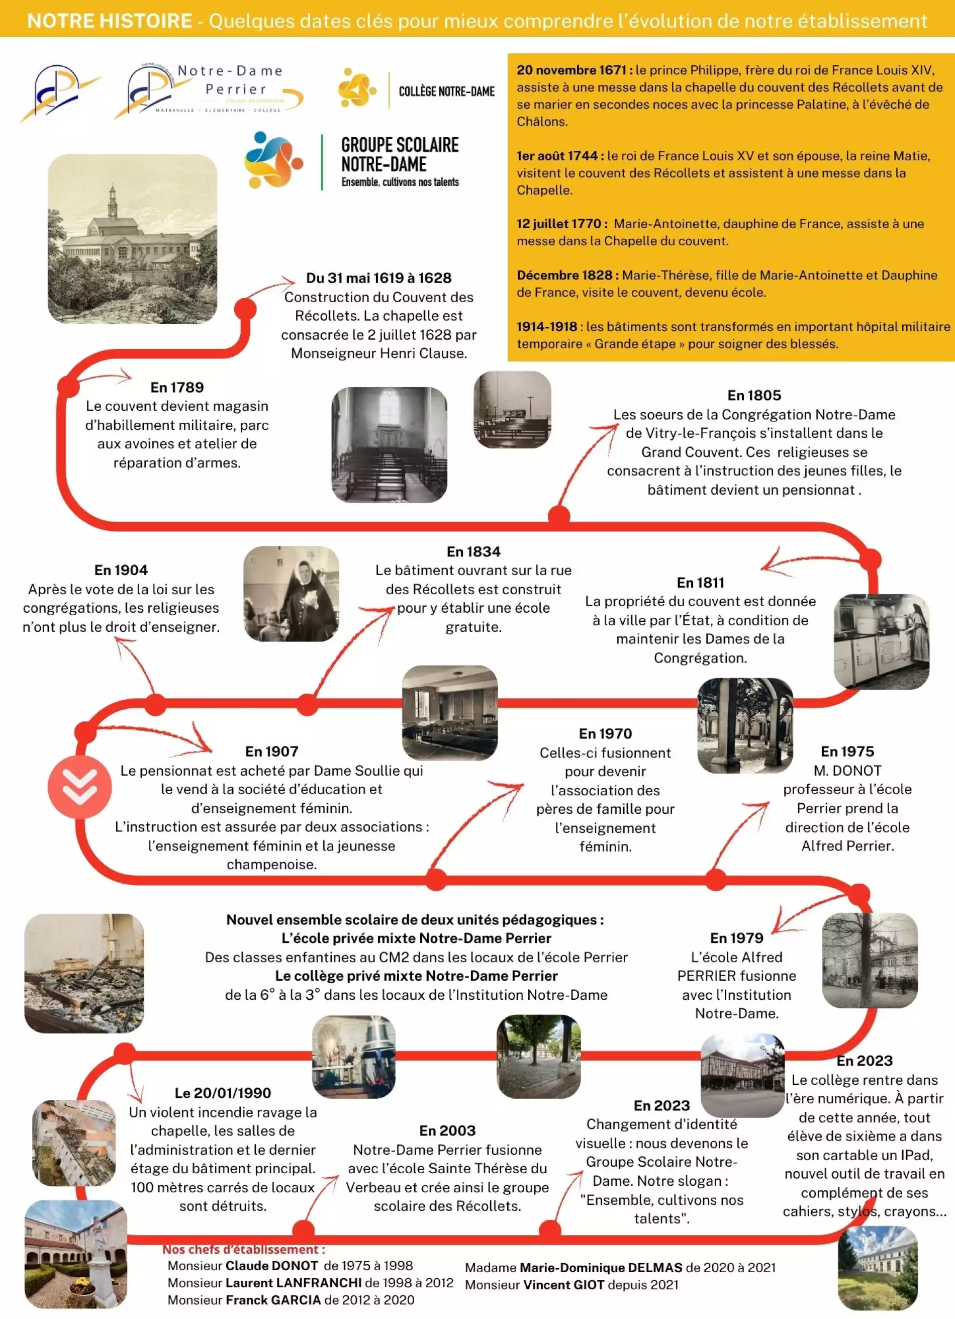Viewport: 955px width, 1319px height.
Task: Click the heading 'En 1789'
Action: pyautogui.click(x=177, y=388)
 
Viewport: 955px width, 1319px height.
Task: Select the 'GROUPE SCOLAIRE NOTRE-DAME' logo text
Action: pyautogui.click(x=400, y=155)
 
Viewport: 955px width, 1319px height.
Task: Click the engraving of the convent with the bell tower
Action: pyautogui.click(x=132, y=238)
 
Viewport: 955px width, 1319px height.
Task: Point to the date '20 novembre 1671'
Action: pyautogui.click(x=570, y=70)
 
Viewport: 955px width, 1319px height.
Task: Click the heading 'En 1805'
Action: pyautogui.click(x=754, y=396)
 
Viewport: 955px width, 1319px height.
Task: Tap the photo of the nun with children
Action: pyautogui.click(x=291, y=594)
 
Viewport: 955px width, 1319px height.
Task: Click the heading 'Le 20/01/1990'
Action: pyautogui.click(x=223, y=1093)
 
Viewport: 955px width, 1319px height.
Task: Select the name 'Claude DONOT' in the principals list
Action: pyautogui.click(x=271, y=1266)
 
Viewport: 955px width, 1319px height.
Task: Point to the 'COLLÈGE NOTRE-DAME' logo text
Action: pyautogui.click(x=446, y=91)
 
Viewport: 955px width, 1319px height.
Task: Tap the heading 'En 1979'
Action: pyautogui.click(x=736, y=937)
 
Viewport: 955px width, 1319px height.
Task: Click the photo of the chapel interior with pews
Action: pyautogui.click(x=389, y=445)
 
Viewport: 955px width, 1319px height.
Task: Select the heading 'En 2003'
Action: pyautogui.click(x=447, y=1130)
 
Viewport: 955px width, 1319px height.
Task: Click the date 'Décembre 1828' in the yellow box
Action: pyautogui.click(x=564, y=275)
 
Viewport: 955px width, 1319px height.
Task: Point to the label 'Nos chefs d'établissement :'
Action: pyautogui.click(x=243, y=1249)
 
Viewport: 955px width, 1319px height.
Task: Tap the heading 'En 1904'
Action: pyautogui.click(x=121, y=570)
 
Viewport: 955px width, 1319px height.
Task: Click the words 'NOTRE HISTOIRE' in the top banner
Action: pyautogui.click(x=110, y=21)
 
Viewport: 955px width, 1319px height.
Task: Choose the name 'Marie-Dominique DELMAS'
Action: pyautogui.click(x=600, y=1268)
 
